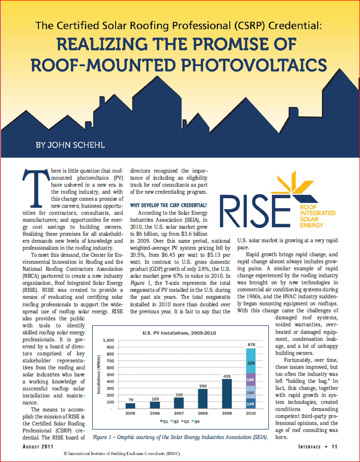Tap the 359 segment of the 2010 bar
(251, 363)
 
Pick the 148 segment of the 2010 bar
(251, 403)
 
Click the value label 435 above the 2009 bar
(226, 375)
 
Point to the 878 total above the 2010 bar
(251, 344)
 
